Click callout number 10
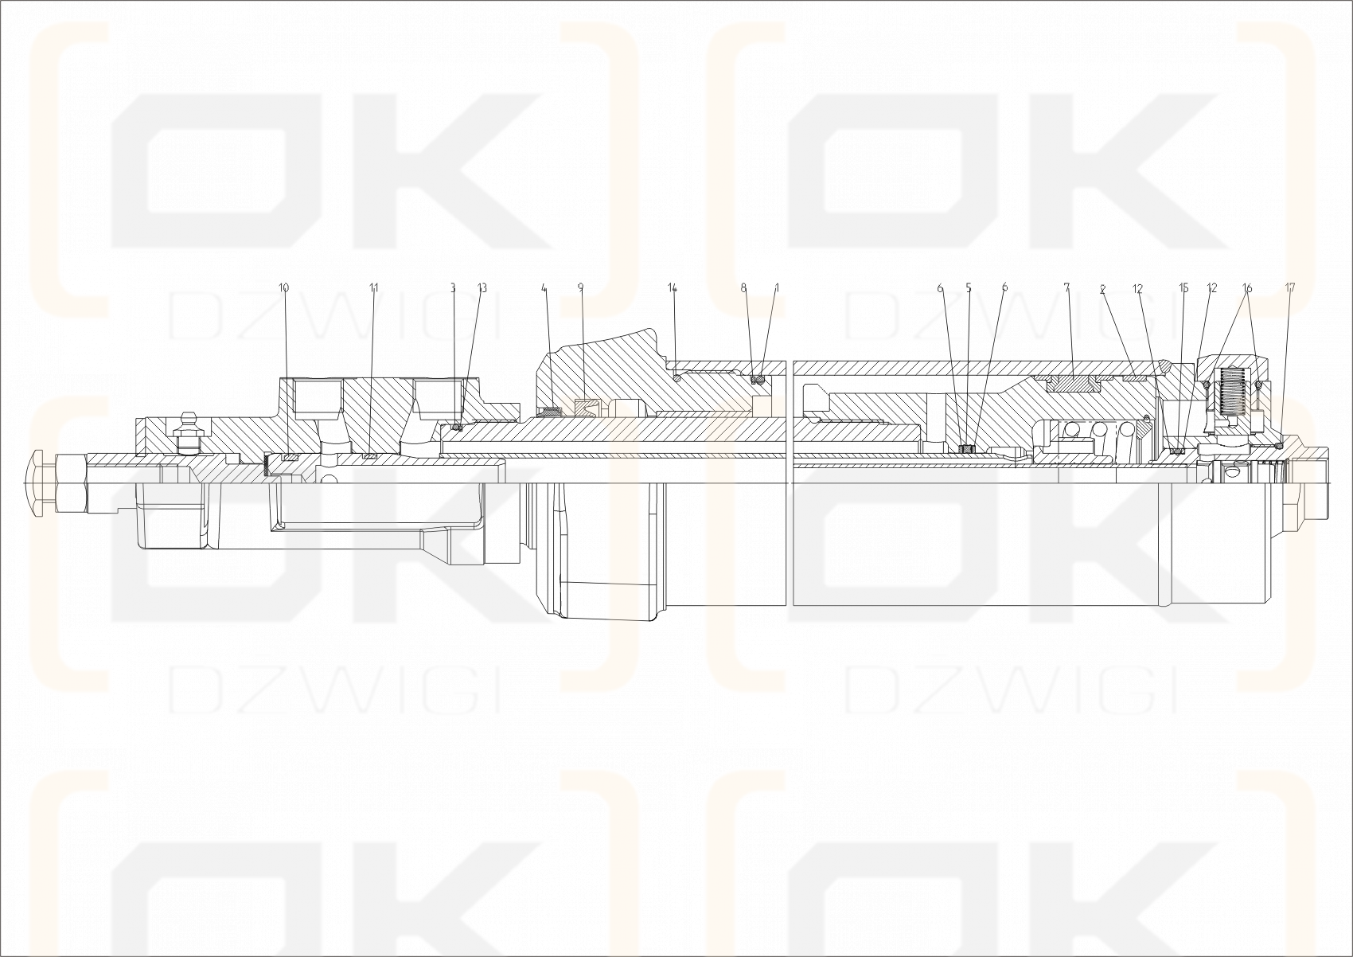pos(284,287)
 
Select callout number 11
pos(374,287)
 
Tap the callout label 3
pos(453,287)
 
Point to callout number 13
pos(482,287)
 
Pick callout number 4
pos(544,287)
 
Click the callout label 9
pos(580,287)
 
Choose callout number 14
pos(673,287)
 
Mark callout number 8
pos(744,287)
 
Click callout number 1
pos(777,287)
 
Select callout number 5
pos(969,287)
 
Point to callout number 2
pos(1102,290)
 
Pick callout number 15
pos(1183,287)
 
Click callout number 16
pos(1247,287)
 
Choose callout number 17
pos(1290,287)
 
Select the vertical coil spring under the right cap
pos(1231,394)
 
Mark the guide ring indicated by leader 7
pos(1072,383)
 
